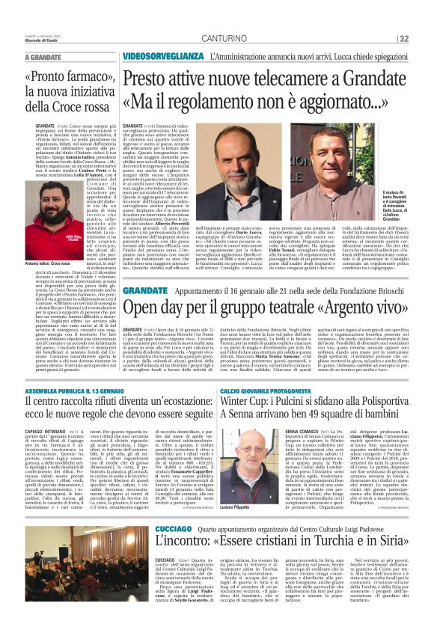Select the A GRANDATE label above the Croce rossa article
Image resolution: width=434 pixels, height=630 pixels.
43,57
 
